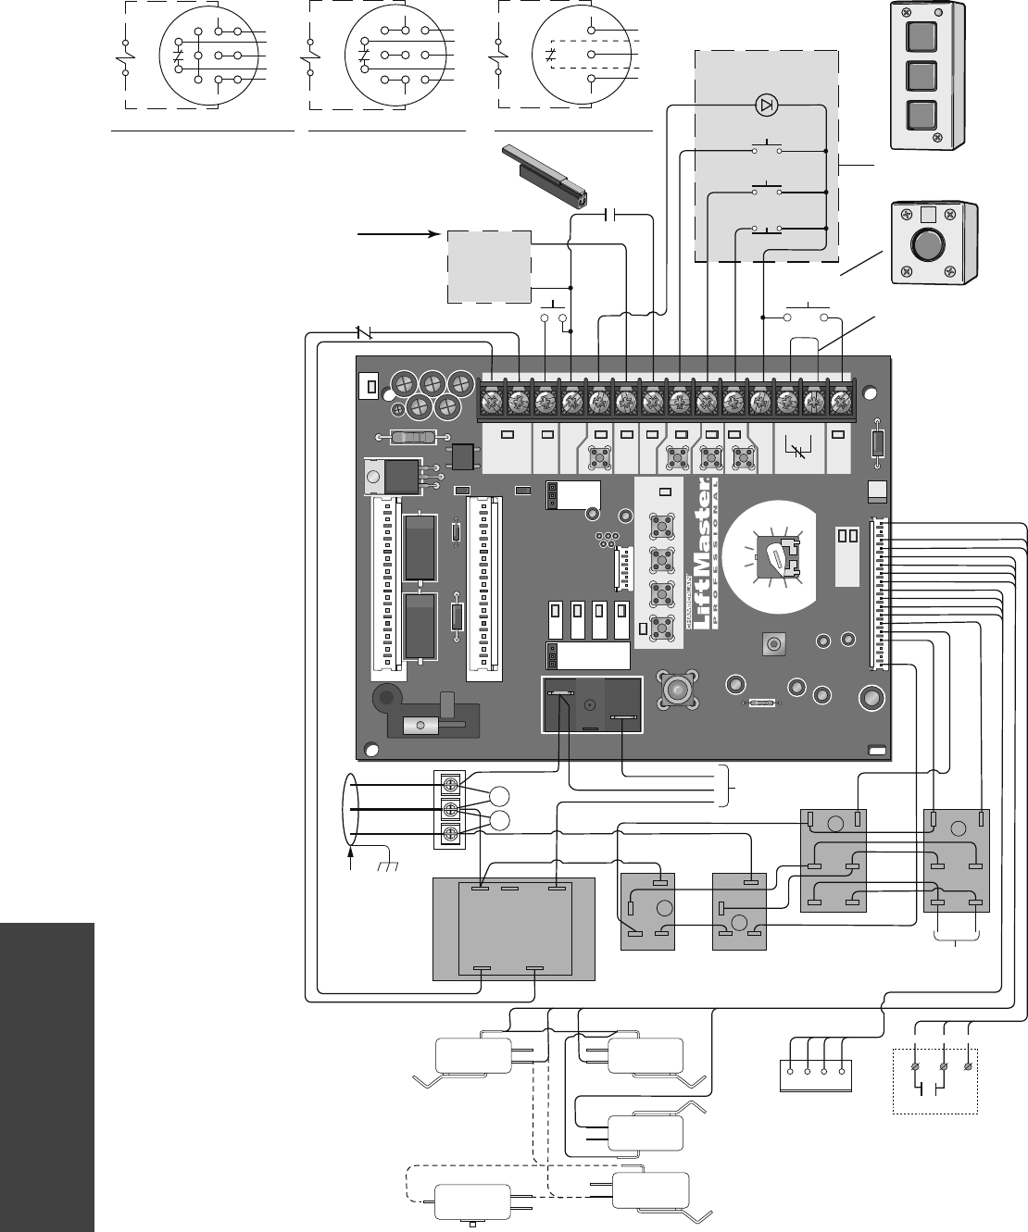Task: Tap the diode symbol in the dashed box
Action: (766, 105)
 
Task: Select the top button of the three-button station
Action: (921, 36)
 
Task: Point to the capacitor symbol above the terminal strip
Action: (610, 216)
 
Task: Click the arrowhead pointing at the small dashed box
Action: (432, 234)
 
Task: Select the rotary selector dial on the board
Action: (775, 557)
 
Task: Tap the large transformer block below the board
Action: (514, 928)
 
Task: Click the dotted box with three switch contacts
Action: (934, 1080)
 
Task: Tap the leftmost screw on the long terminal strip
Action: (492, 404)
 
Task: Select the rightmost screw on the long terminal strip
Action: (840, 404)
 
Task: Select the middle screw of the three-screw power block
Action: (450, 811)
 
